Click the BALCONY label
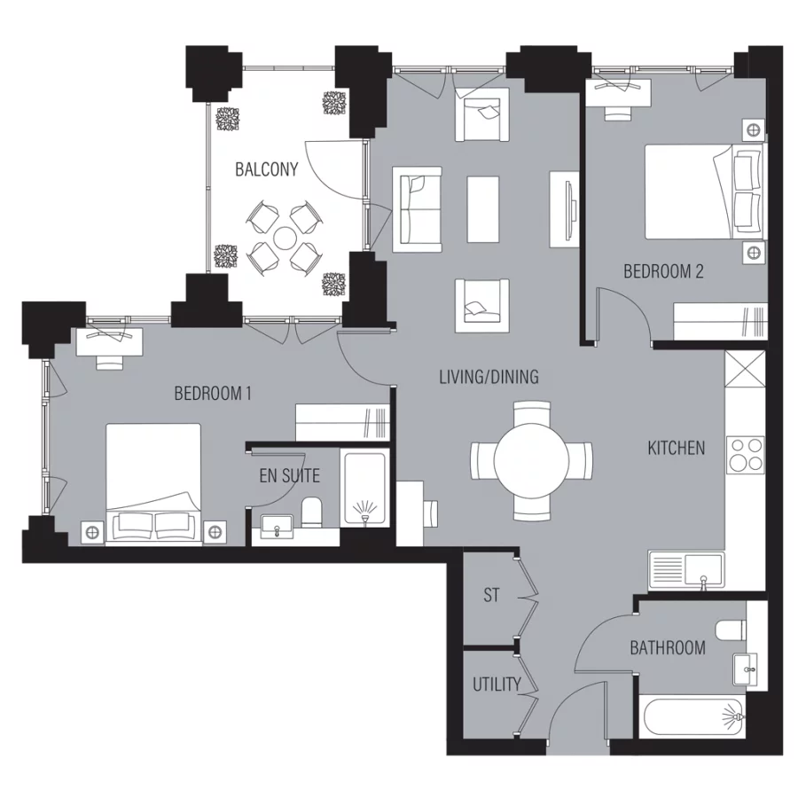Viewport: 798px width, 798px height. pos(266,169)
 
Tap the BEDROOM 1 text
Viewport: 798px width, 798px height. pos(213,393)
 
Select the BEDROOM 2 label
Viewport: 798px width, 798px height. pos(663,272)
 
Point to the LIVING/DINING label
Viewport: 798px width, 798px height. pos(489,377)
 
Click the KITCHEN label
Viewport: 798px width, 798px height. pos(676,449)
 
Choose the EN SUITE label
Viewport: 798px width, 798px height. pos(289,476)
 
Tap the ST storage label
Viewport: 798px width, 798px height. pos(491,596)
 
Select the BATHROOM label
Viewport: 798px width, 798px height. pos(668,648)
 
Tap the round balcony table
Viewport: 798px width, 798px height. pos(285,238)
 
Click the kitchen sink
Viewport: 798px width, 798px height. pos(685,569)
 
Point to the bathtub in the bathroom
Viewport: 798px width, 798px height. pos(692,716)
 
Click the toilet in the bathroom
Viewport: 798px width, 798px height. pos(729,630)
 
